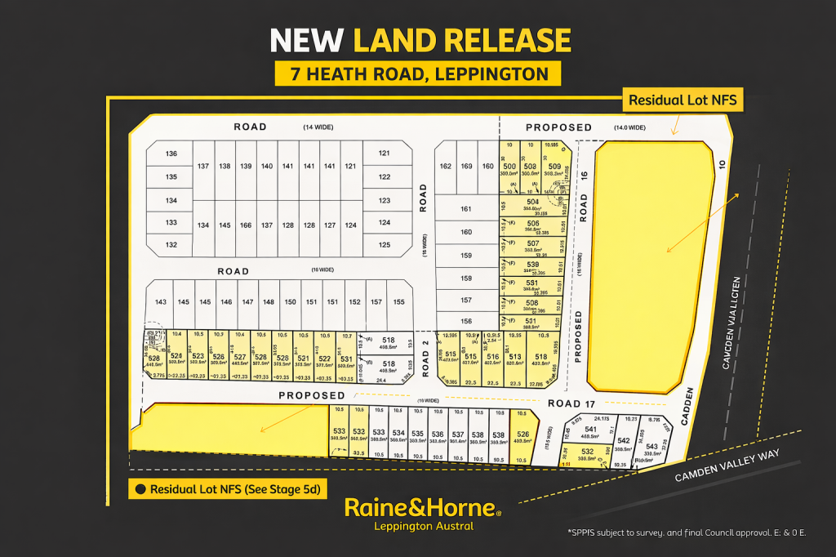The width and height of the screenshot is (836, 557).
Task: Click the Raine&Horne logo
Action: click(x=422, y=508)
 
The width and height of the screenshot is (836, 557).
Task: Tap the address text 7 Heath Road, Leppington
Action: click(x=417, y=74)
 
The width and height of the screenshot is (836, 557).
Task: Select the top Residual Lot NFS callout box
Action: click(x=682, y=100)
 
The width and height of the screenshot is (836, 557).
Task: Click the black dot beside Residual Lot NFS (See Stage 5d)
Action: click(x=140, y=490)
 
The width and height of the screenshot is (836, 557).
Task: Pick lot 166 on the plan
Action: click(x=245, y=225)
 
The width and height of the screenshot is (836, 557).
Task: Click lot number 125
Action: click(x=385, y=244)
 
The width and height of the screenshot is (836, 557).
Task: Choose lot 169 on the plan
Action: click(x=466, y=167)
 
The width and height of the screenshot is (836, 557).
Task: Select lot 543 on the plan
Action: click(x=651, y=447)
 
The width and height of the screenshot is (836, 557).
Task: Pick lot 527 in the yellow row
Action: click(x=239, y=357)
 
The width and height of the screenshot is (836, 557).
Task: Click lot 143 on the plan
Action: click(x=160, y=302)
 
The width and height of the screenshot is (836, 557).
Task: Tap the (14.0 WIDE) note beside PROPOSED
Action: click(x=629, y=127)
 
